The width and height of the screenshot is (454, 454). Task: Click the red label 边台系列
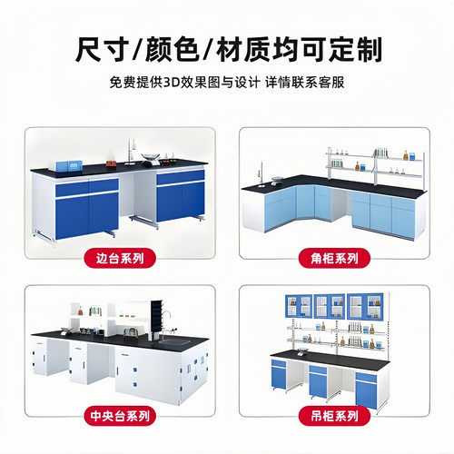(120, 259)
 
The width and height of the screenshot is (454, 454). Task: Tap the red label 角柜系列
(334, 259)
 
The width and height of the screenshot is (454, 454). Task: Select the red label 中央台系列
(120, 416)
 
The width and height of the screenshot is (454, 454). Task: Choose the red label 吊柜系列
(334, 416)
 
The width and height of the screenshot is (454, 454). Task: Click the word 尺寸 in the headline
(101, 49)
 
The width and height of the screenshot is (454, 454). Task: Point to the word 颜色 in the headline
(172, 49)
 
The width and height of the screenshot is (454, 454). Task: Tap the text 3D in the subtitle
(172, 82)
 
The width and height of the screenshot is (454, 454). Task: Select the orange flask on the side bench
(111, 163)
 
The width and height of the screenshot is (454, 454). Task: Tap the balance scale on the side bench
(151, 160)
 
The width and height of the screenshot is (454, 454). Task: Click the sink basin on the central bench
(175, 341)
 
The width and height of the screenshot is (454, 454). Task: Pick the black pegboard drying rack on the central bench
(157, 320)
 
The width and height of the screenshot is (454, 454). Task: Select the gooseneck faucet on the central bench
(165, 326)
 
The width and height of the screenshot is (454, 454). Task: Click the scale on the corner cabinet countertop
(277, 181)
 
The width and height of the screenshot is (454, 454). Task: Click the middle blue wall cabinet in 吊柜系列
(330, 306)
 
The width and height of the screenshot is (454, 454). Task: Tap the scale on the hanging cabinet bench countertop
(303, 351)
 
